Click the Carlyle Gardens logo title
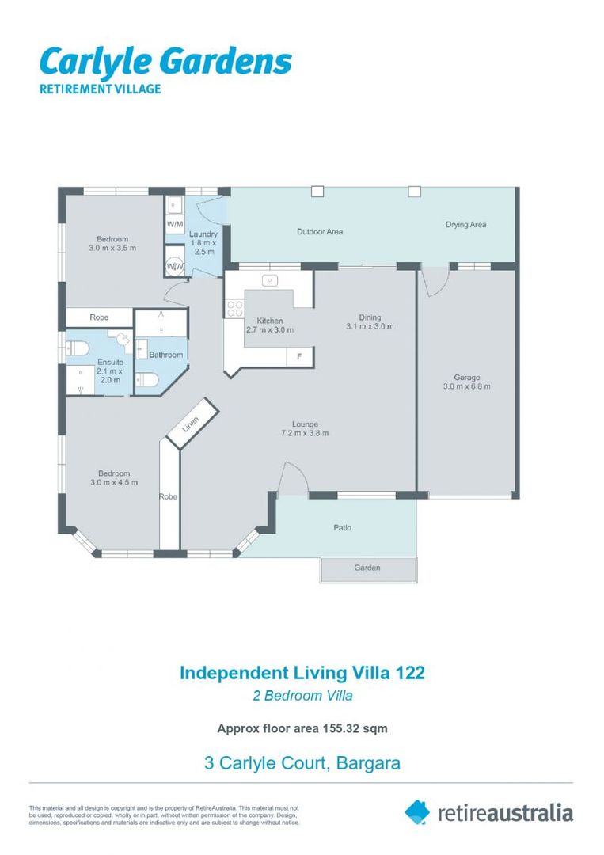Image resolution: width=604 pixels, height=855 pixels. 165,63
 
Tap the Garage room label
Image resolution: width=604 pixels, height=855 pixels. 466,382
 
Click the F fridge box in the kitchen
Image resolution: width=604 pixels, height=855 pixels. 298,357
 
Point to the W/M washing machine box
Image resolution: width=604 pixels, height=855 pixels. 174,224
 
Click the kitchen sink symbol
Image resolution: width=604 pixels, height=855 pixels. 270,280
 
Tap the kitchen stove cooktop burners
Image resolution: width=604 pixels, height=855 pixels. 234,307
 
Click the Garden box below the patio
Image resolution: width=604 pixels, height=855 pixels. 367,568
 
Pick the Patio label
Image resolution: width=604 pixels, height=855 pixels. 342,527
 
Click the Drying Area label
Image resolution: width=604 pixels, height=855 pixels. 465,225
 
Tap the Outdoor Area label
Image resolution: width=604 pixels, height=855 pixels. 320,232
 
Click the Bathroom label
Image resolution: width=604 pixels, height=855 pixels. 166,355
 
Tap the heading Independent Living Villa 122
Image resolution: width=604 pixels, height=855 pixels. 302,673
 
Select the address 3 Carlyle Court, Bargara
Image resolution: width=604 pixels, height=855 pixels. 302,763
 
